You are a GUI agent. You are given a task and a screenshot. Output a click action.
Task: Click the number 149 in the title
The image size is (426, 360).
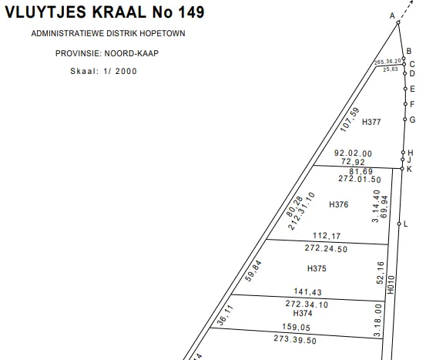point(191,12)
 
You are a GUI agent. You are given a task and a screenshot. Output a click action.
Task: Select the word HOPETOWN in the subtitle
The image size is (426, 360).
point(163,33)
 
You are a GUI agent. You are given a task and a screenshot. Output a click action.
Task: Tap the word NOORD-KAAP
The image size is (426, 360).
point(132,53)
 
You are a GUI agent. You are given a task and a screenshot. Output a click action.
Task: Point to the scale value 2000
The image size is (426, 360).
point(126,71)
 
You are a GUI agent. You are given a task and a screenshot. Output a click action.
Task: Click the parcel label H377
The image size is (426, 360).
point(371,122)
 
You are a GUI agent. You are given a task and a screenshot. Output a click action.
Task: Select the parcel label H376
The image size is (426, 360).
point(338,204)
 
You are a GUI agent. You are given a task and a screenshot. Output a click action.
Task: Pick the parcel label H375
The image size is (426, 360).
point(317,268)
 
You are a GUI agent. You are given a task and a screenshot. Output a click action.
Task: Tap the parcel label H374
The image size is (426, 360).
point(303,313)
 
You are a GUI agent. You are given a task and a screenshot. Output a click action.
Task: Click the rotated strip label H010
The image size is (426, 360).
point(391,284)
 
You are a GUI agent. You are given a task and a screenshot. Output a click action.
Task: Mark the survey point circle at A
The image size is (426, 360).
point(398,22)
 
